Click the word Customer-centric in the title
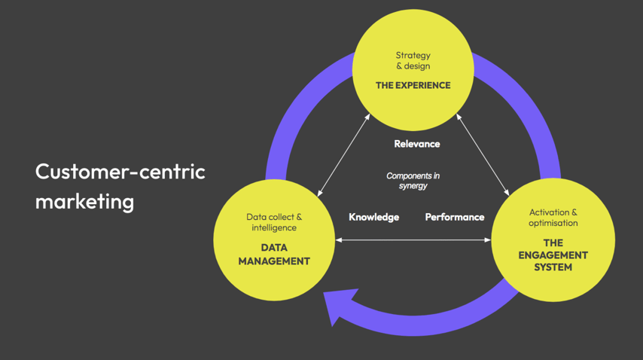pyautogui.click(x=120, y=172)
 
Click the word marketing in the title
pyautogui.click(x=84, y=202)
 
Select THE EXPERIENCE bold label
pyautogui.click(x=413, y=85)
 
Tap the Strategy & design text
pyautogui.click(x=413, y=60)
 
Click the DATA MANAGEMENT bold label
pyautogui.click(x=274, y=254)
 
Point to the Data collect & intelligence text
pyautogui.click(x=274, y=222)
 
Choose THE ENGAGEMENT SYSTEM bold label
pyautogui.click(x=553, y=255)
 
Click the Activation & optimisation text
pyautogui.click(x=553, y=218)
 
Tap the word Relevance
pyautogui.click(x=416, y=143)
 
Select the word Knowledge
pyautogui.click(x=373, y=217)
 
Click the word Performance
pyautogui.click(x=454, y=217)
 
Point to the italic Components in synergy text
pyautogui.click(x=413, y=181)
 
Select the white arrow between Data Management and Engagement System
pyautogui.click(x=413, y=240)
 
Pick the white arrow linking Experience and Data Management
pyautogui.click(x=343, y=154)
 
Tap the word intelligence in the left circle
pyautogui.click(x=274, y=227)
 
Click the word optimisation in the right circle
pyautogui.click(x=553, y=223)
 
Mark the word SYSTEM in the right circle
pyautogui.click(x=553, y=267)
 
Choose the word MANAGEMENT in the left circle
pyautogui.click(x=274, y=261)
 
